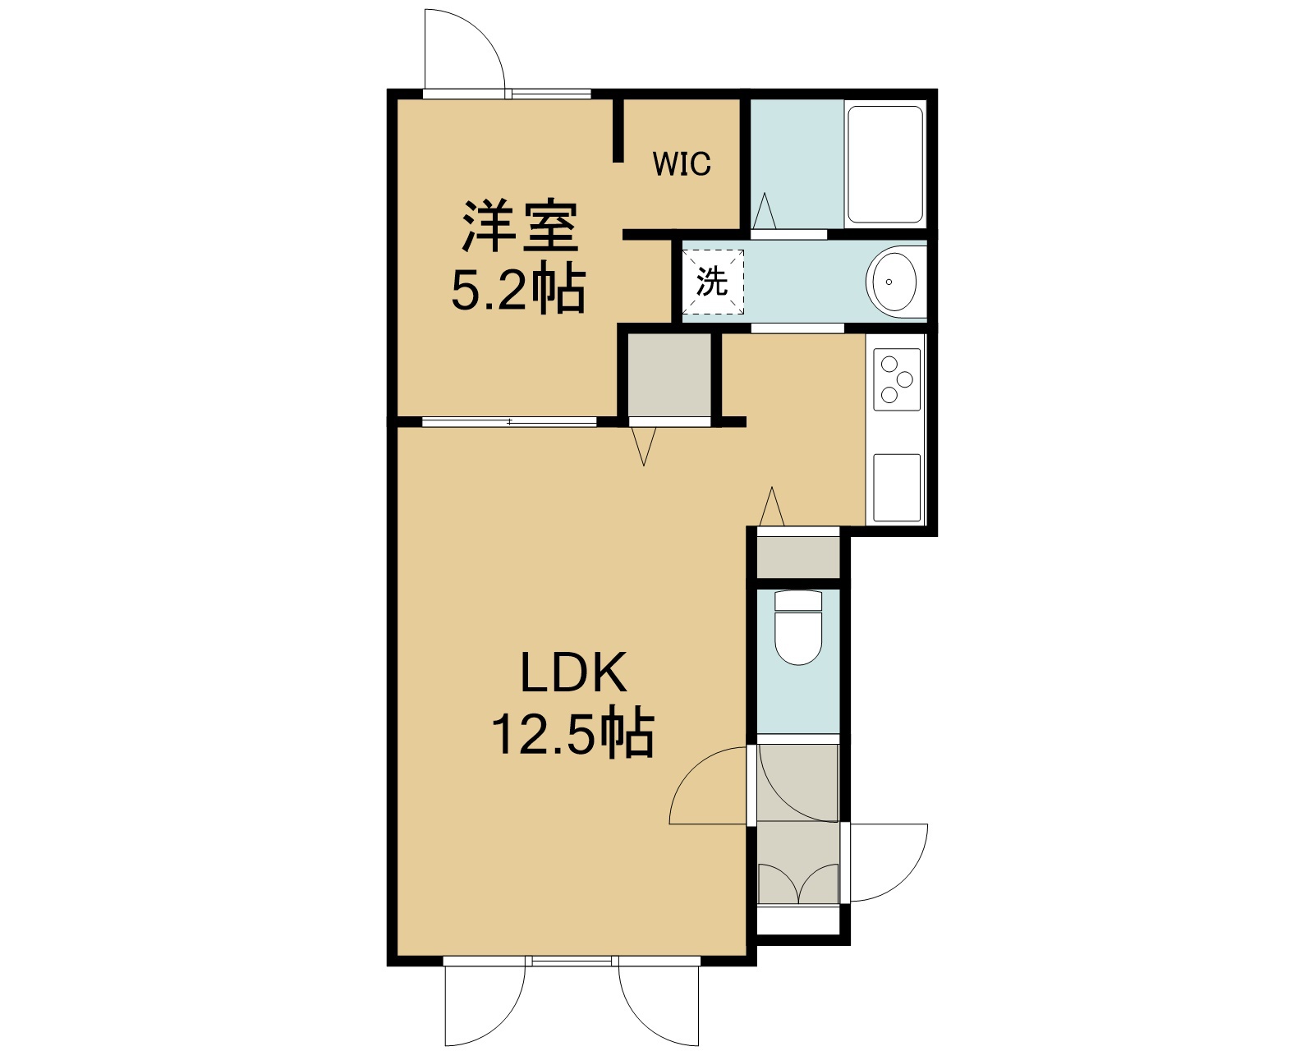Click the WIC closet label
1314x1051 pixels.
coord(682,163)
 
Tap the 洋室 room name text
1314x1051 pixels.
coord(520,225)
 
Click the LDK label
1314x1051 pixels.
coord(574,672)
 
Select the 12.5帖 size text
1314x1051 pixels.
coord(573,733)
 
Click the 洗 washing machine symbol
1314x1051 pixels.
coord(713,282)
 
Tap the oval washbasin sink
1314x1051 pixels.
coord(895,282)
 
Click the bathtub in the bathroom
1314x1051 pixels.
coord(885,164)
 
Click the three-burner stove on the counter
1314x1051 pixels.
coord(897,379)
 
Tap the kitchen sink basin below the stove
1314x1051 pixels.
coord(897,488)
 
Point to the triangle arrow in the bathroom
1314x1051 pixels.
coord(765,211)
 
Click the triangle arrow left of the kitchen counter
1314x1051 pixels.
coord(772,506)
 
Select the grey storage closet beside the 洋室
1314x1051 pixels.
coord(670,375)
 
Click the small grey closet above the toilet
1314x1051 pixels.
coord(798,557)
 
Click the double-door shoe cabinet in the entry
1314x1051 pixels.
coord(798,883)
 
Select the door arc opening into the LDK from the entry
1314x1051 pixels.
coord(692,769)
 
